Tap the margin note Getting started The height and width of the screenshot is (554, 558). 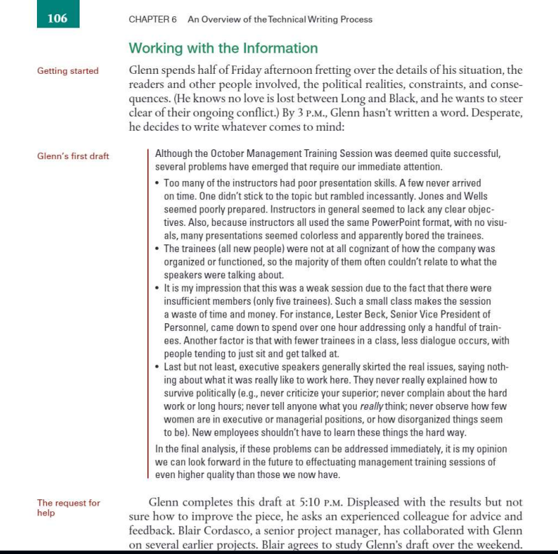(68, 71)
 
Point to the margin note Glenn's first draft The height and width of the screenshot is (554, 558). (73, 156)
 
